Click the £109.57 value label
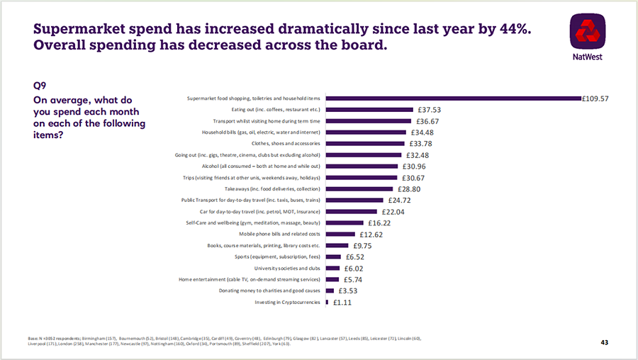click(x=595, y=99)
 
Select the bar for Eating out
click(x=369, y=110)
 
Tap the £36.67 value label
click(x=425, y=121)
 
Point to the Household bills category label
click(x=261, y=133)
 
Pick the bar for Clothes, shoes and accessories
click(x=364, y=144)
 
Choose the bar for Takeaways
click(x=359, y=189)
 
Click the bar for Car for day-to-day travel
click(x=351, y=212)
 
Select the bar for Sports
click(x=333, y=257)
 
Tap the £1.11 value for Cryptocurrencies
click(x=342, y=303)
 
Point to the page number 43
click(x=605, y=342)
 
